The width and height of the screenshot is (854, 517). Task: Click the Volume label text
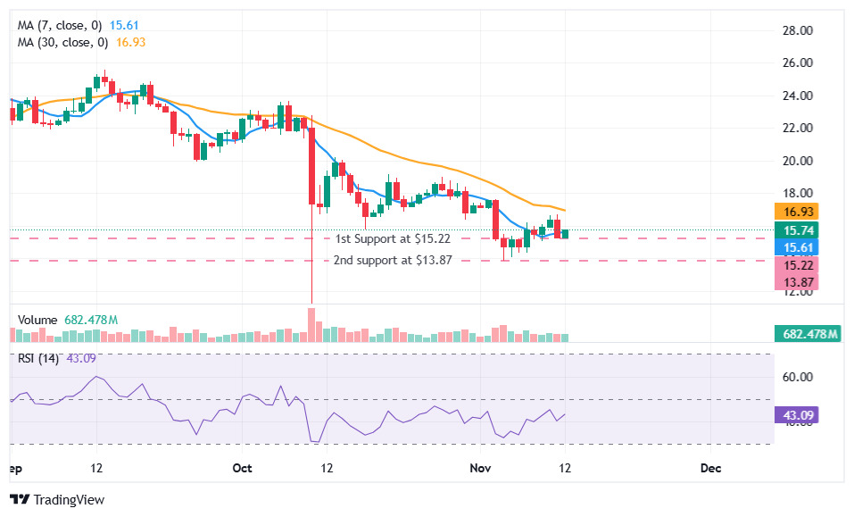37,320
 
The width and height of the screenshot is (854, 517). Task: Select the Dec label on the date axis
710,468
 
